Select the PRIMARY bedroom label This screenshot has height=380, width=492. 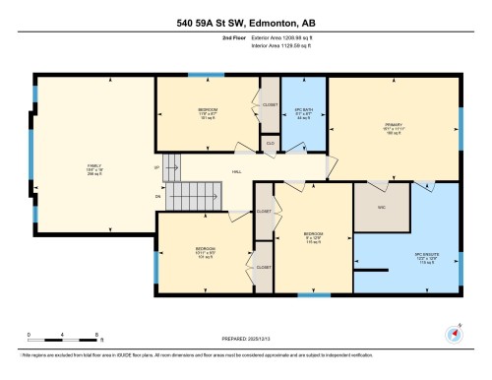394,125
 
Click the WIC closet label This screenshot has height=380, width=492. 382,208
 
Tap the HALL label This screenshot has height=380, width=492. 236,171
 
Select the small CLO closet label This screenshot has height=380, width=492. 270,142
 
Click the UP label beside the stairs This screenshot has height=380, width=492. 157,166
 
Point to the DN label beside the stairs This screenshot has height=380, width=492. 157,196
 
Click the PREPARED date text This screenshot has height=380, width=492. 246,340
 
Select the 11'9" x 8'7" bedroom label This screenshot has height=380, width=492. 208,113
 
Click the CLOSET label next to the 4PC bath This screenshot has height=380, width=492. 270,103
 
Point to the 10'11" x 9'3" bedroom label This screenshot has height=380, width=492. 205,253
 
